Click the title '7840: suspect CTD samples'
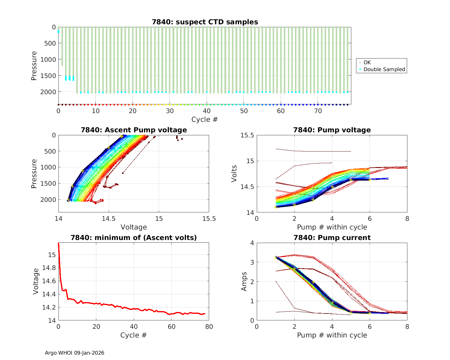click(x=205, y=22)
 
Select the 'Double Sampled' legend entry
click(x=384, y=69)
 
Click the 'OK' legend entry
click(x=367, y=62)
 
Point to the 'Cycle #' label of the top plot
click(x=205, y=119)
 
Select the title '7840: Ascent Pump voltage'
click(x=134, y=130)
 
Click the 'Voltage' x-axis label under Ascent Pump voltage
click(x=134, y=227)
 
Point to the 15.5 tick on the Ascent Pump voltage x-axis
click(x=209, y=219)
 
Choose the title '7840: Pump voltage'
click(x=332, y=130)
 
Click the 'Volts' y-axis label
click(x=234, y=174)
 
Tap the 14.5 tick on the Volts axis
click(x=247, y=187)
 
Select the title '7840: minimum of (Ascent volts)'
click(x=134, y=238)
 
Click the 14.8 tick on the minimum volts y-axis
click(x=50, y=268)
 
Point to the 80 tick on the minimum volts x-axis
click(x=209, y=327)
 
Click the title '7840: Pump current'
click(x=332, y=238)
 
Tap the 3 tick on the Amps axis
click(x=251, y=262)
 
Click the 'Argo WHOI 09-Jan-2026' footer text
click(x=74, y=353)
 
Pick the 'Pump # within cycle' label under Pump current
click(x=332, y=335)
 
